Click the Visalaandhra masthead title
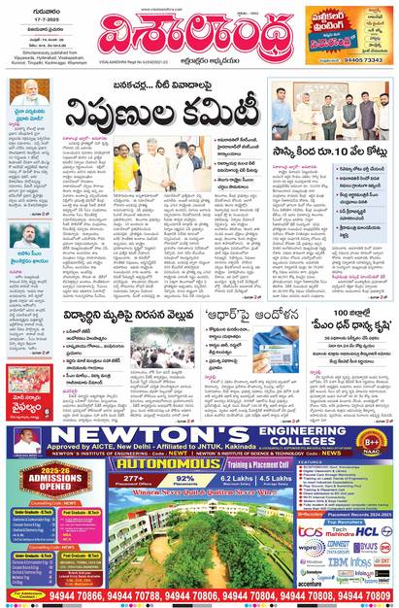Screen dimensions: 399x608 (x=198, y=38)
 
